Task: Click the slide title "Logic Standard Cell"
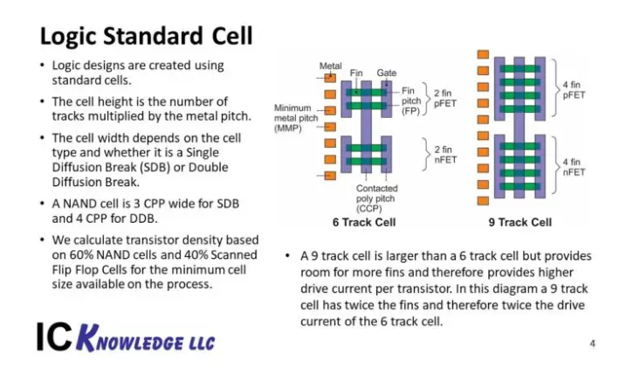click(146, 36)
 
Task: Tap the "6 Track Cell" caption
click(364, 222)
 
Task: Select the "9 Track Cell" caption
click(520, 222)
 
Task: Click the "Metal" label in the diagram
click(331, 66)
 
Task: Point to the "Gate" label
click(386, 73)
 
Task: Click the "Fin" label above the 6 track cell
click(356, 73)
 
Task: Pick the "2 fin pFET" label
click(445, 98)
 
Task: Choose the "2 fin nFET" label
click(445, 155)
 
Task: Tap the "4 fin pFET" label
click(574, 90)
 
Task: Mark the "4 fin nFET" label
click(574, 167)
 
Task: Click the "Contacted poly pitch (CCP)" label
click(376, 198)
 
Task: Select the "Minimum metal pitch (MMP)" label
click(296, 118)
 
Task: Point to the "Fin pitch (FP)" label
click(411, 101)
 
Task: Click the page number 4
click(592, 344)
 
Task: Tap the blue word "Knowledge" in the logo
click(145, 338)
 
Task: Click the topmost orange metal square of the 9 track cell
click(483, 54)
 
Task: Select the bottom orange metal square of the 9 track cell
click(483, 201)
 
